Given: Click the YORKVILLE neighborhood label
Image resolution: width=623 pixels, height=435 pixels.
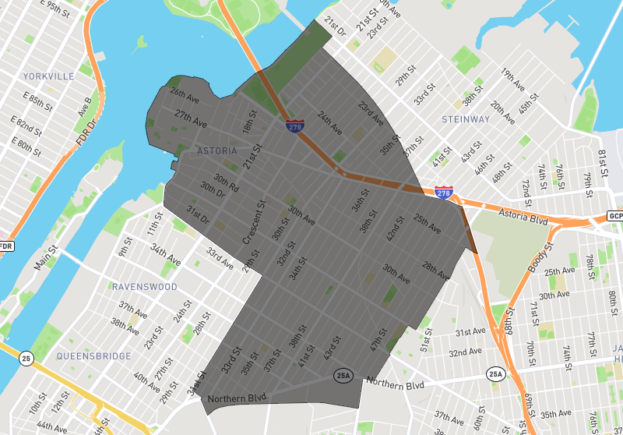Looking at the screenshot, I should [x=48, y=76].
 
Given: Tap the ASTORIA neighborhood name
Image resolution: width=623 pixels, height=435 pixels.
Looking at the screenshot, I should [x=216, y=150].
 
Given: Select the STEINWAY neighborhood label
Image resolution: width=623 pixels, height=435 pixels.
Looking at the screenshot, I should [x=466, y=119].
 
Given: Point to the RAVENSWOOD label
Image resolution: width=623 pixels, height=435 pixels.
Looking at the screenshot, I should [x=144, y=287].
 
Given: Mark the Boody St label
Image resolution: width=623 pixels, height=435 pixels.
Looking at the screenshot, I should [x=539, y=258].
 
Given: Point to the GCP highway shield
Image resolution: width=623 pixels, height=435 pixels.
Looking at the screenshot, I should [x=615, y=216].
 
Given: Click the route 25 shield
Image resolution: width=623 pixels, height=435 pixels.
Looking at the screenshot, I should [x=26, y=359].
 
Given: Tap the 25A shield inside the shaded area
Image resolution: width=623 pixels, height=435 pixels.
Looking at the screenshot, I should [x=343, y=376].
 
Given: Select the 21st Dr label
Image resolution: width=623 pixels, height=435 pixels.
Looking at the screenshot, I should [x=336, y=30].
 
